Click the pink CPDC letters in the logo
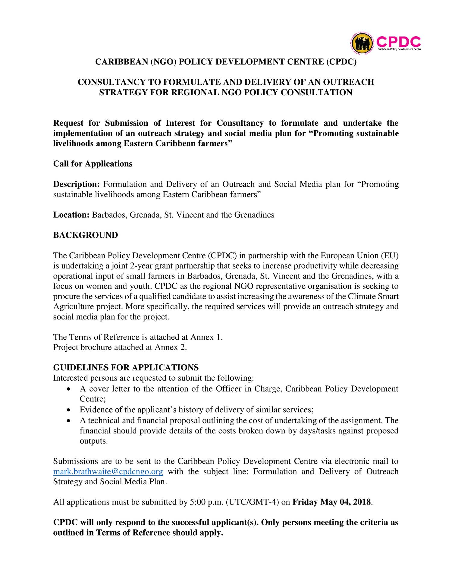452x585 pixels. pyautogui.click(x=398, y=42)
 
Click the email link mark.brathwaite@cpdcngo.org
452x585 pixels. pyautogui.click(x=108, y=471)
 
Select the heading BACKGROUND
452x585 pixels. pyautogui.click(x=86, y=235)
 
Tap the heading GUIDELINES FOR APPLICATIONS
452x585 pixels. pyautogui.click(x=126, y=367)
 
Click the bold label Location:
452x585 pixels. pyautogui.click(x=71, y=215)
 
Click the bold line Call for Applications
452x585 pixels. pyautogui.click(x=93, y=164)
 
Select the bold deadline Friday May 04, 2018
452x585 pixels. pyautogui.click(x=331, y=502)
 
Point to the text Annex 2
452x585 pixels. pyautogui.click(x=171, y=347)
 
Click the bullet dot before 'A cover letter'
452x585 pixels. pyautogui.click(x=69, y=389)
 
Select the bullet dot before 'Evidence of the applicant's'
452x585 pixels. pyautogui.click(x=69, y=410)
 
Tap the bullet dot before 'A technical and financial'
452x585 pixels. pyautogui.click(x=69, y=421)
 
